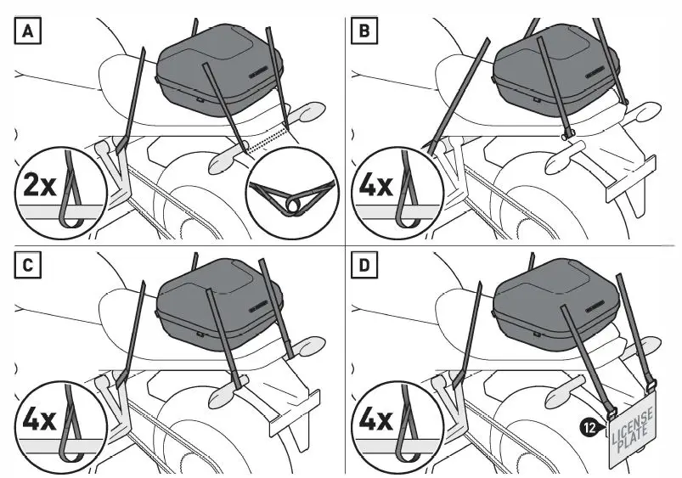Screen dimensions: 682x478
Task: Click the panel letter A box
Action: point(28,31)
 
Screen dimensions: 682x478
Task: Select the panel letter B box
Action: point(364,31)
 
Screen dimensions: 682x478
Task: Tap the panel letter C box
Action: point(28,264)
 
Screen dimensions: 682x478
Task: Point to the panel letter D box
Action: point(364,264)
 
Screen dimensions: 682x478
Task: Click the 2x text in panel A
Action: point(39,185)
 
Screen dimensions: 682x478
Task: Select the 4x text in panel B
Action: point(375,185)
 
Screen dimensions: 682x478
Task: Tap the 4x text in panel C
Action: point(39,419)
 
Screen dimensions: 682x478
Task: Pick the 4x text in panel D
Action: point(375,419)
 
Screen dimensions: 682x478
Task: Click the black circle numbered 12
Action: point(589,428)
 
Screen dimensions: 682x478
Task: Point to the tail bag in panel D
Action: point(555,306)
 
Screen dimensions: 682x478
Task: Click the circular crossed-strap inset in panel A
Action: point(292,193)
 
